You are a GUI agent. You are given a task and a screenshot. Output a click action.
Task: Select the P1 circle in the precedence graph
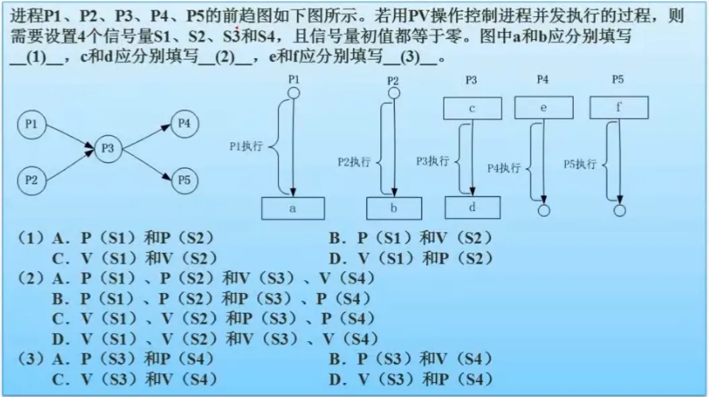(x=31, y=125)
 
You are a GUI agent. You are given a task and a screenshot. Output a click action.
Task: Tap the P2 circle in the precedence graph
(x=31, y=179)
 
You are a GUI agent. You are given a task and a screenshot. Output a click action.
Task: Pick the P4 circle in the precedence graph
(x=184, y=123)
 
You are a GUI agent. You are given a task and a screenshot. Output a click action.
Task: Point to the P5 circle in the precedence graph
(x=184, y=180)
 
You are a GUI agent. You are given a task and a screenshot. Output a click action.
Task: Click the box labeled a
(x=292, y=208)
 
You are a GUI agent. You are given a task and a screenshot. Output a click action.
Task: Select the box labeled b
(x=394, y=208)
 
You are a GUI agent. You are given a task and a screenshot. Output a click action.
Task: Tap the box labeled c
(x=472, y=108)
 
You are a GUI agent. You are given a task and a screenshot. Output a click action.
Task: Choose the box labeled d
(x=472, y=207)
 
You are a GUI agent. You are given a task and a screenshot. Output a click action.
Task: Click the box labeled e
(x=543, y=107)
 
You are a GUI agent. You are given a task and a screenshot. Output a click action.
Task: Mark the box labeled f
(x=618, y=107)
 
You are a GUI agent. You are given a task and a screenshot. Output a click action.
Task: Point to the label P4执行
(x=504, y=168)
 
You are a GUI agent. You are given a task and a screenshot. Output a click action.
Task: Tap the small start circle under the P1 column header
(x=292, y=93)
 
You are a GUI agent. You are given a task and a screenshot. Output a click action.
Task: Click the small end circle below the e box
(x=544, y=210)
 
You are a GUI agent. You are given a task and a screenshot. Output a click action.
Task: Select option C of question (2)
(x=213, y=317)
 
